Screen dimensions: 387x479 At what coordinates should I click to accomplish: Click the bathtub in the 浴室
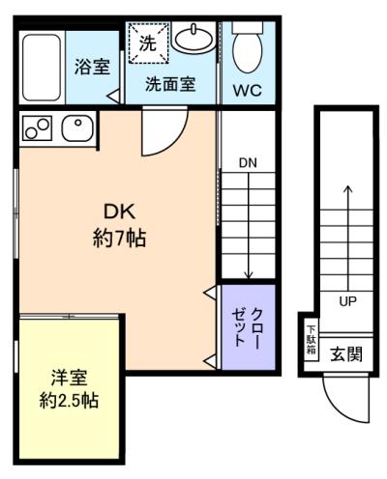point(42,67)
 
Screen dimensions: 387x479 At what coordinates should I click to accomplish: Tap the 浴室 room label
point(92,67)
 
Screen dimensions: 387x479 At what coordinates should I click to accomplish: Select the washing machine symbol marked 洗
point(149,42)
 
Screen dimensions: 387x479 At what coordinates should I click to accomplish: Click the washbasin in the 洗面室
point(193,39)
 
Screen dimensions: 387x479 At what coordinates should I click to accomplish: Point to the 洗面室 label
point(170,84)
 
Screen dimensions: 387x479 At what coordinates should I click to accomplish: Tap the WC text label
point(248,91)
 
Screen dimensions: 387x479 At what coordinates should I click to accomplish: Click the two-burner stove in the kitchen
point(37,127)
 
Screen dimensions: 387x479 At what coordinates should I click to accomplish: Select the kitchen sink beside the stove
point(77,127)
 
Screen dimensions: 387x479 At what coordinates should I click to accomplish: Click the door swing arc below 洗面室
point(177,141)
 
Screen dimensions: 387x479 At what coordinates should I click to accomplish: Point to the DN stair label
point(248,163)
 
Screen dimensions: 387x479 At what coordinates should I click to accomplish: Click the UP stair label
point(347,301)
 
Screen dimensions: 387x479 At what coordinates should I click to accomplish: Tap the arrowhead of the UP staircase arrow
point(347,188)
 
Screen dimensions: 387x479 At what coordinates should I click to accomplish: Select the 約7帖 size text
point(119,239)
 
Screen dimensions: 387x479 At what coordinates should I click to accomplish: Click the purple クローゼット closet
point(248,327)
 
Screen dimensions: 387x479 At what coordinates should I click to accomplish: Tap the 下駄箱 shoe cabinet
point(312,340)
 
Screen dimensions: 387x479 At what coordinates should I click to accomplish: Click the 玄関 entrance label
point(346,354)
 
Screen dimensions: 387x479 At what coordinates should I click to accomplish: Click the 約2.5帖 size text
point(69,401)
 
